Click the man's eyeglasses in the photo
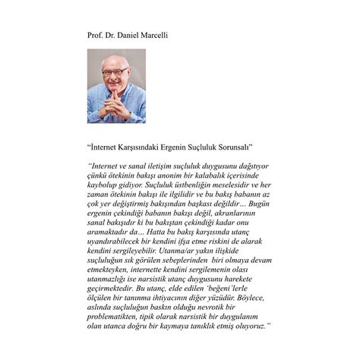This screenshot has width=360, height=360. [x=115, y=71]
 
